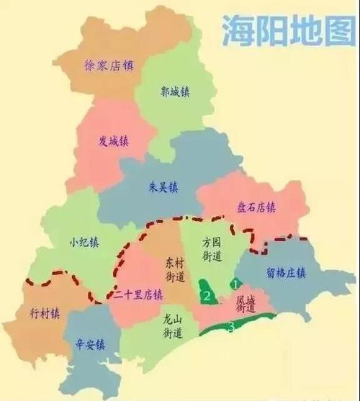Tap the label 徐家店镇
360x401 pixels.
click(109, 66)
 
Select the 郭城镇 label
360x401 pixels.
click(174, 92)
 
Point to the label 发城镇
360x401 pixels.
click(113, 140)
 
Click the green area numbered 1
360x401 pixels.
click(235, 284)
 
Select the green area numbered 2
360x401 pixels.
click(207, 294)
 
